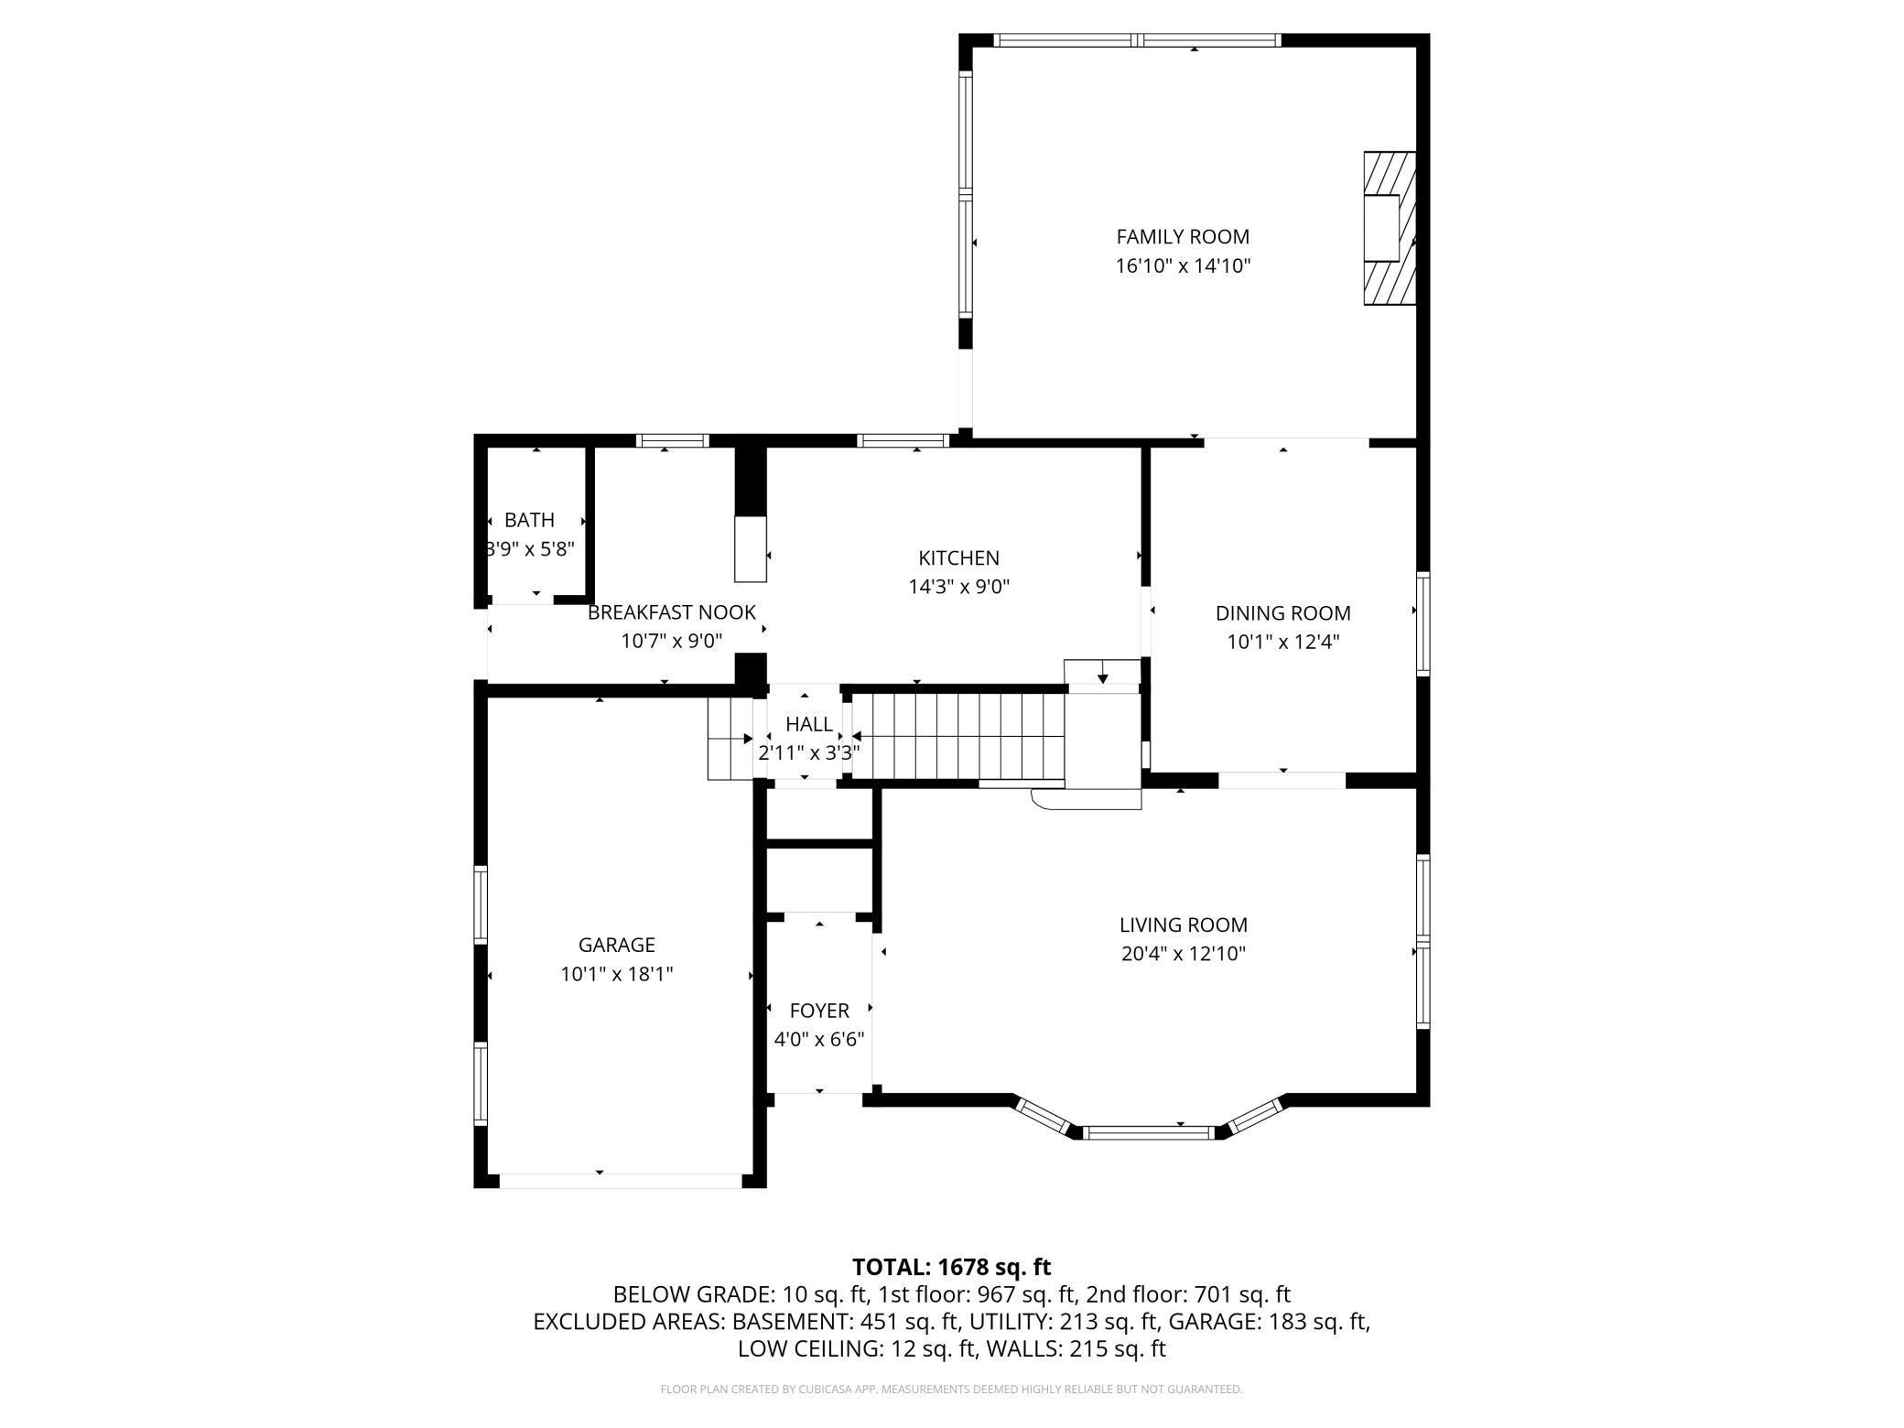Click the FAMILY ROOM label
[1182, 237]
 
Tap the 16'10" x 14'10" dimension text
[1182, 266]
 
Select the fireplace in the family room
[1390, 228]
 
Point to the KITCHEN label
[958, 557]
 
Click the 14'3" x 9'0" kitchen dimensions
[958, 587]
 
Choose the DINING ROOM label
[1282, 613]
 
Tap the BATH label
[529, 520]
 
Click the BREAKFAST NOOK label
[672, 612]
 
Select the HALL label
[809, 724]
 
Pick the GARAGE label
[616, 945]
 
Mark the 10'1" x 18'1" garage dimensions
[616, 974]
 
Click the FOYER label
[819, 1011]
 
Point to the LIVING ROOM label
[1183, 925]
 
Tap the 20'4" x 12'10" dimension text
[1183, 955]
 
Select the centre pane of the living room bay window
[1149, 1132]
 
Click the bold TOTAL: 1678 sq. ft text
[951, 1267]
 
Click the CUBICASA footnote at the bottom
[951, 1390]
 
